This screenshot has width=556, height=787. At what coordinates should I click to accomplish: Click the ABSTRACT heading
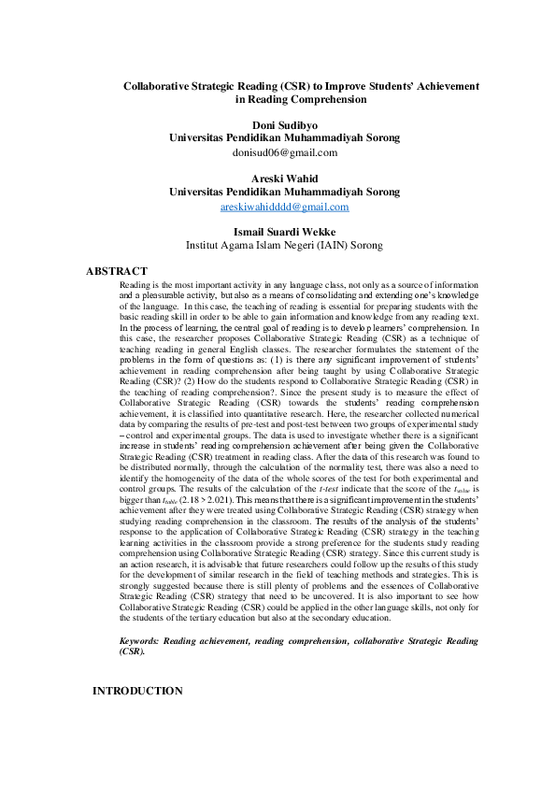[117, 271]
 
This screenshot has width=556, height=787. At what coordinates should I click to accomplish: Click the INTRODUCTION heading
[137, 691]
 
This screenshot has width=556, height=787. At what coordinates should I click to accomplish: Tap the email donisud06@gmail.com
[284, 151]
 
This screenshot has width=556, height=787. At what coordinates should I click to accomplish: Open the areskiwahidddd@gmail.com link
[284, 207]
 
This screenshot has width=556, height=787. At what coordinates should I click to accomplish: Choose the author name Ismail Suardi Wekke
[284, 233]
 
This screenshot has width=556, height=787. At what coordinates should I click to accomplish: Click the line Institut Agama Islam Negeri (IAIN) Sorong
[284, 247]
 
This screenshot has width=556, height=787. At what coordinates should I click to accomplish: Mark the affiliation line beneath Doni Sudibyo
[284, 137]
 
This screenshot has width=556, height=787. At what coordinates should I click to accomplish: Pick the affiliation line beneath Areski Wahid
[284, 192]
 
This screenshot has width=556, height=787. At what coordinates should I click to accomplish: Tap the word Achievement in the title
[444, 85]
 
